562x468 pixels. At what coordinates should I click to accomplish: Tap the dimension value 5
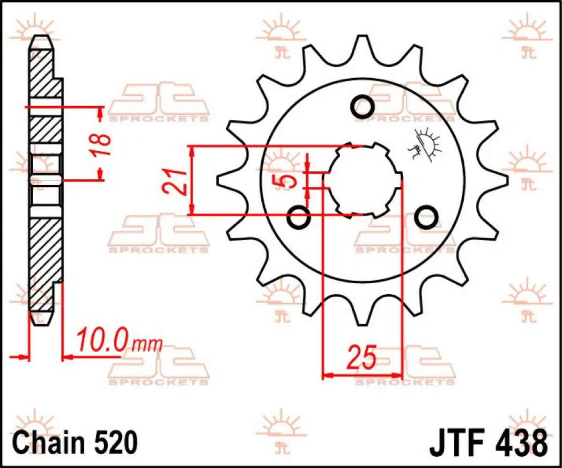point(290,181)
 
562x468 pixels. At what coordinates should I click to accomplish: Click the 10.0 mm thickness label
point(119,341)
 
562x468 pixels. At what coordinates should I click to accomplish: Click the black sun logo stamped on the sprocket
point(426,145)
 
